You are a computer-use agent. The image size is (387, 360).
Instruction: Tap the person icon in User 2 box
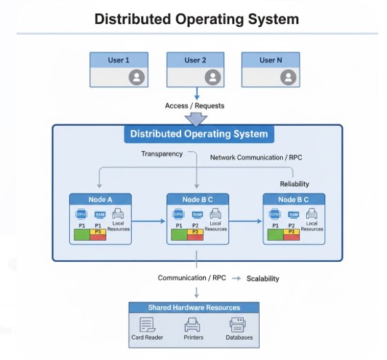(x=212, y=76)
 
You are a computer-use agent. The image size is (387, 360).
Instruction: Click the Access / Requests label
(x=194, y=105)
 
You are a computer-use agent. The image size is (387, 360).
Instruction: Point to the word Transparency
(x=161, y=153)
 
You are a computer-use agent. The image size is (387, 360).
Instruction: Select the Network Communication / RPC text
(x=256, y=157)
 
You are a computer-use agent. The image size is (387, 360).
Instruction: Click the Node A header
(x=100, y=199)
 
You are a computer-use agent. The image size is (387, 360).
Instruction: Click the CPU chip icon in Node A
(x=81, y=215)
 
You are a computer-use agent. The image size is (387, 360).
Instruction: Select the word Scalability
(x=263, y=279)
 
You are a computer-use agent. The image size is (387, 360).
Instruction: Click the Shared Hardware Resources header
(x=194, y=308)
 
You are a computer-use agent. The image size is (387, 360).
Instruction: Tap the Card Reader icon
(x=148, y=325)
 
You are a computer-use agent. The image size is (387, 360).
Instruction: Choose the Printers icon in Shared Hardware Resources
(x=193, y=325)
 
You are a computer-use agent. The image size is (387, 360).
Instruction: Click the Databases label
(x=238, y=338)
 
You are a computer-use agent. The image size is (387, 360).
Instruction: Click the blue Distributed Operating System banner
(x=199, y=134)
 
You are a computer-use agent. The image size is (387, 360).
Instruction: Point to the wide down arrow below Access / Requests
(x=196, y=119)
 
